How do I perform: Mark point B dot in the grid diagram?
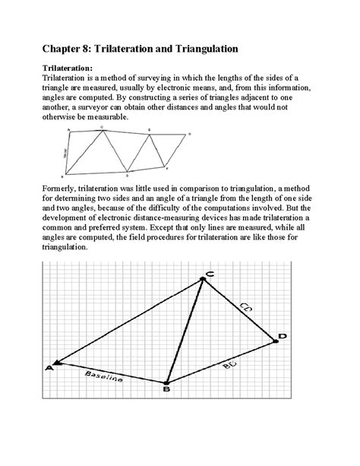click(x=166, y=382)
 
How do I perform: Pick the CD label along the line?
click(x=246, y=307)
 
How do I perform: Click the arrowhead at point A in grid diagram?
click(x=56, y=363)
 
